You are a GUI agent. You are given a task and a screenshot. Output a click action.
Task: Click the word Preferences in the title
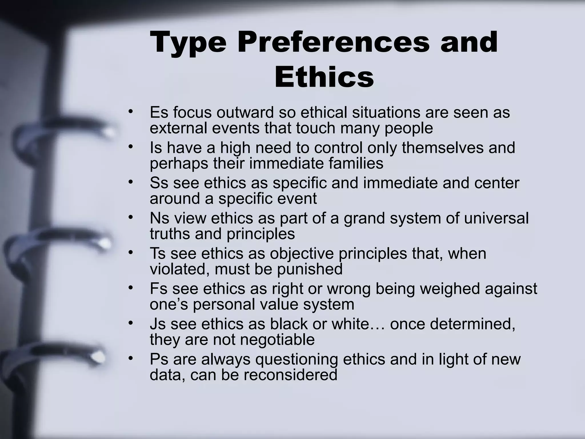pos(333,43)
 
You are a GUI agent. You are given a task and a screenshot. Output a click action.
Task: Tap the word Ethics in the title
pos(324,77)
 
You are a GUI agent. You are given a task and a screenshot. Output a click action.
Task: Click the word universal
pos(496,218)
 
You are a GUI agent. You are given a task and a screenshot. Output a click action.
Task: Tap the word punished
pos(310,269)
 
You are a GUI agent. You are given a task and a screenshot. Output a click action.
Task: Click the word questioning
pos(296,360)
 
